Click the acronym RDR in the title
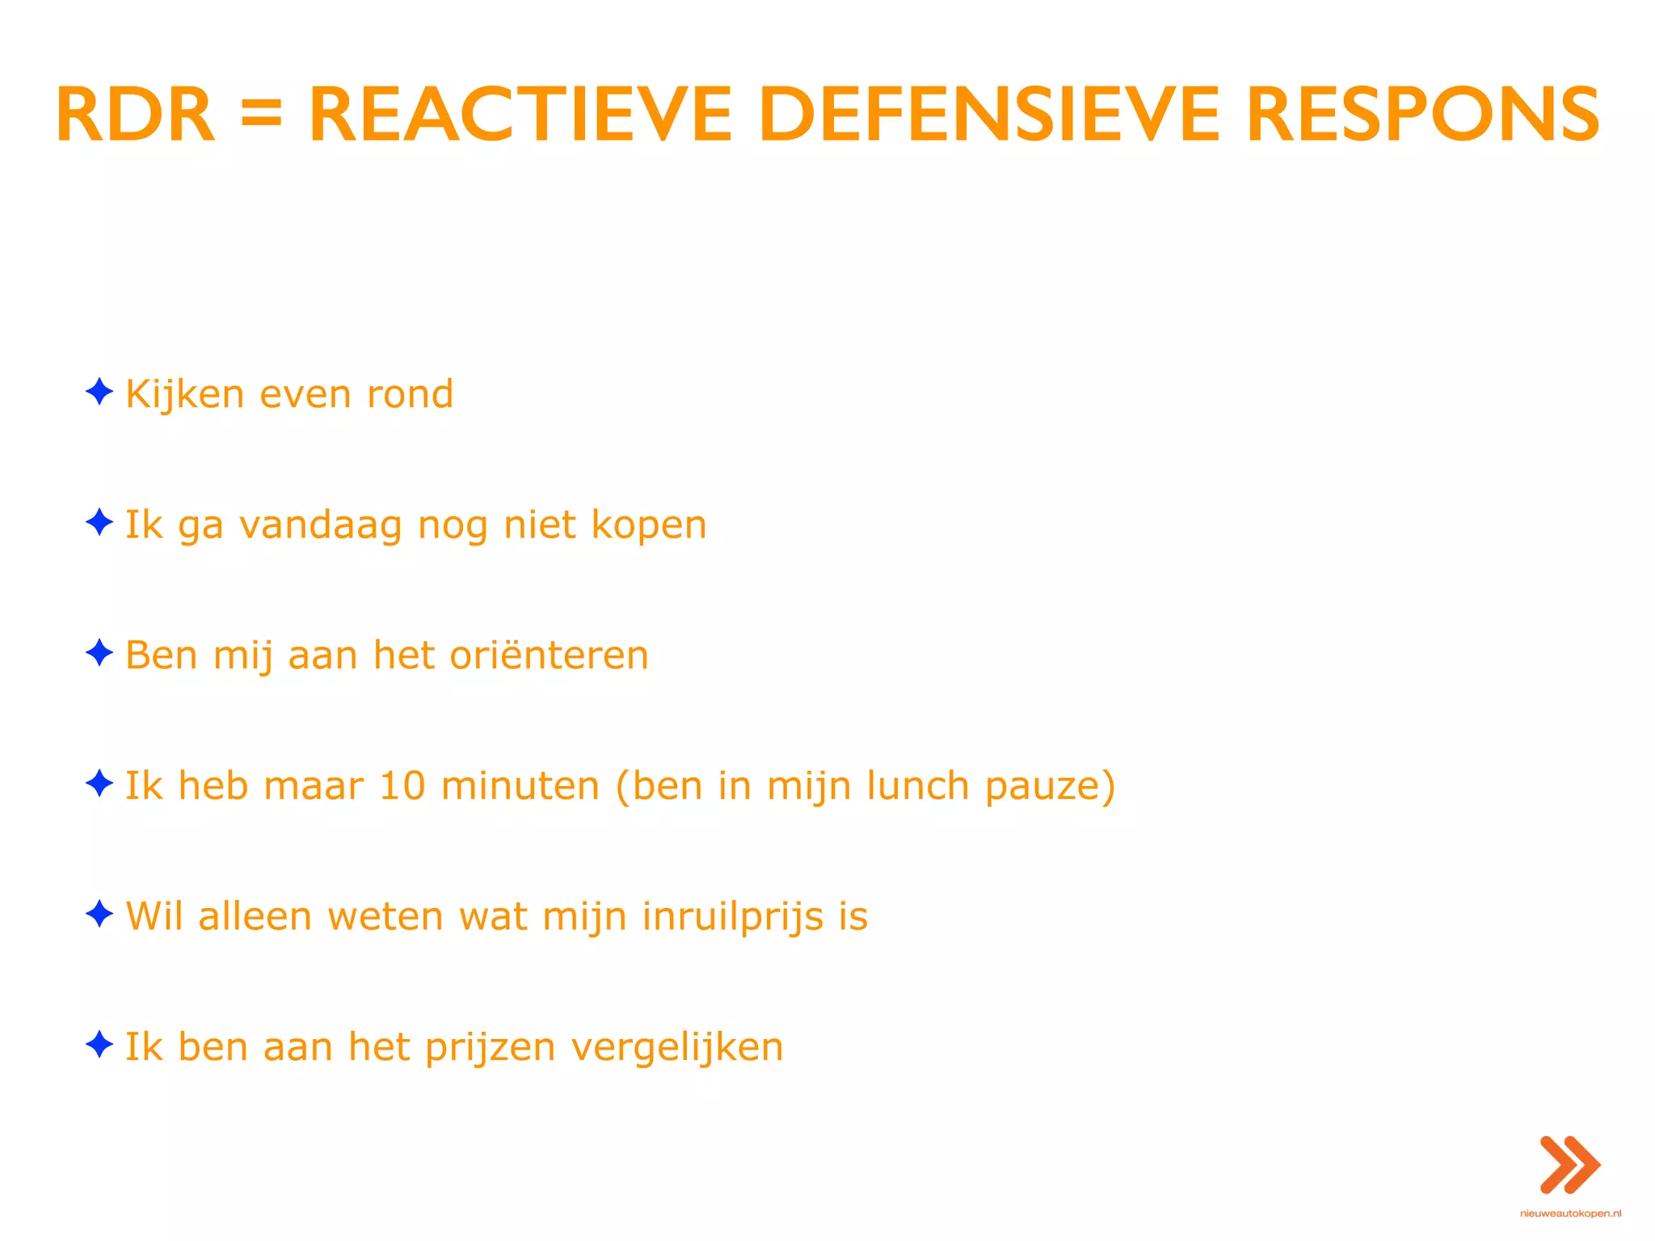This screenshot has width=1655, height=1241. [135, 116]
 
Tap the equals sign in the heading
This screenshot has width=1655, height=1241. [261, 116]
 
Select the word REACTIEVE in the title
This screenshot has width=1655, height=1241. [520, 116]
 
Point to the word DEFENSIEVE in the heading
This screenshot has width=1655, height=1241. [988, 116]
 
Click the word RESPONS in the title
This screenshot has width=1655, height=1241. [1423, 116]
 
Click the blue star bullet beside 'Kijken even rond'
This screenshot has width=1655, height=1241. [99, 392]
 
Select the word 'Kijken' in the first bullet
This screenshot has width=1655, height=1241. [185, 395]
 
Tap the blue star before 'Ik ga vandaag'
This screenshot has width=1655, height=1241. [99, 522]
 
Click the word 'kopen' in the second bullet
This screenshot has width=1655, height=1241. [649, 527]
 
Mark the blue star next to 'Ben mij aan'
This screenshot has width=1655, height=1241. [99, 653]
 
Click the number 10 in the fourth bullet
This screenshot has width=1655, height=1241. [402, 786]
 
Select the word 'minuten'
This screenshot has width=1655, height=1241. [520, 786]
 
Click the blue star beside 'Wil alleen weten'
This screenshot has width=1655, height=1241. [99, 914]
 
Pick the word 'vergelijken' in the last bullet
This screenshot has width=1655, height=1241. [677, 1049]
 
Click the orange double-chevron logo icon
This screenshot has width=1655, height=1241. [1570, 1165]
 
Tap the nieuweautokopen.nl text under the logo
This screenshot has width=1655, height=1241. [1570, 1214]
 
